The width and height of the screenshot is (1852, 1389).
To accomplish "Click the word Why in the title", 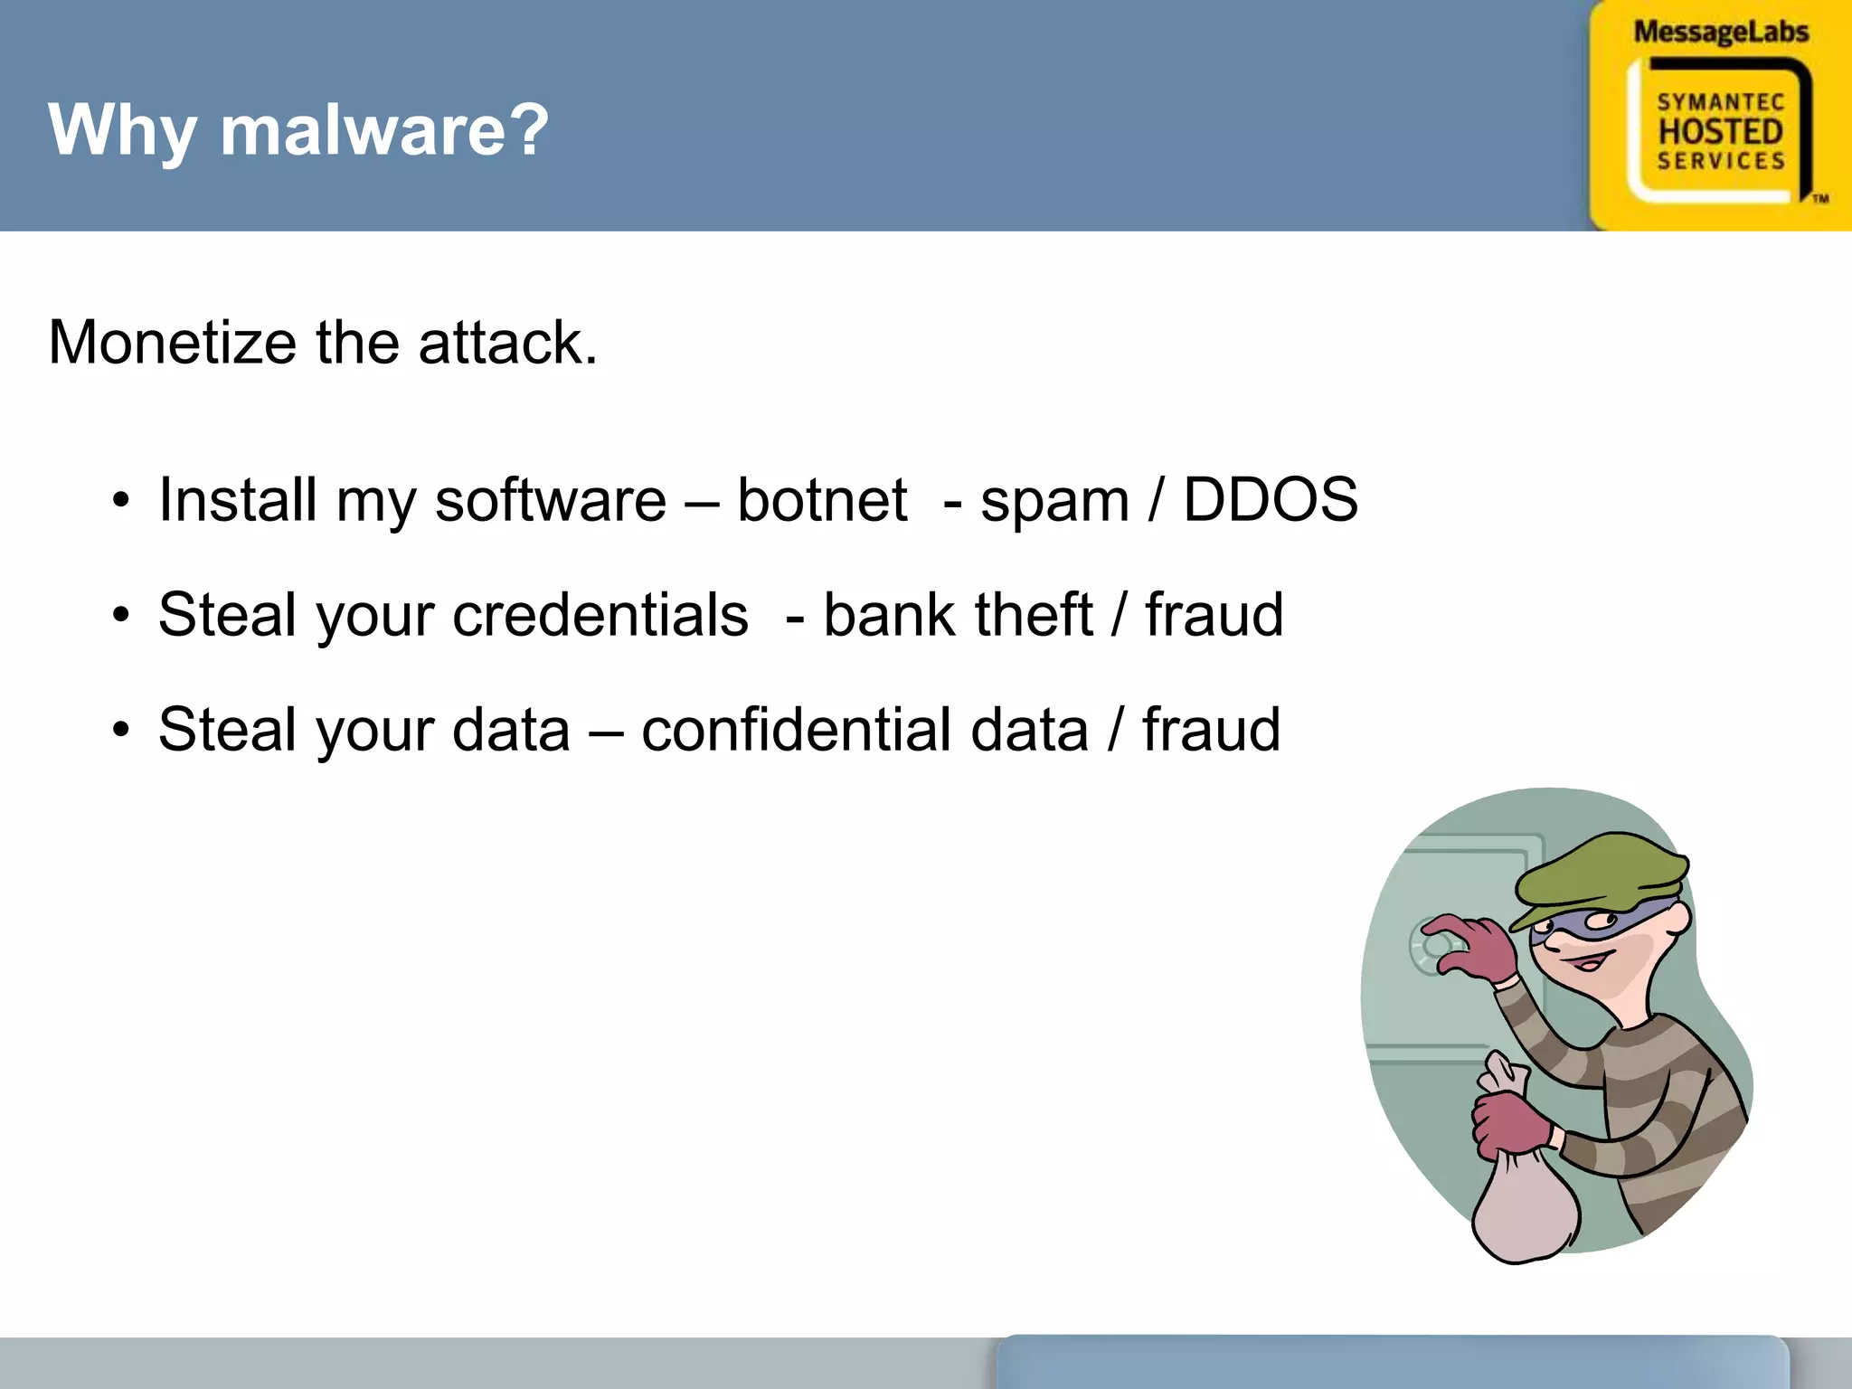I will pos(121,131).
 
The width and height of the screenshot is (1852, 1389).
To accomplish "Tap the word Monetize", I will pos(172,343).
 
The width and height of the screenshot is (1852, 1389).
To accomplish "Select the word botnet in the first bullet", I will pos(821,500).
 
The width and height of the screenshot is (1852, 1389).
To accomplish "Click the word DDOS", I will pos(1270,500).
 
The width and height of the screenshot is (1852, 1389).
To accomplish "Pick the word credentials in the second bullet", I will pos(600,615).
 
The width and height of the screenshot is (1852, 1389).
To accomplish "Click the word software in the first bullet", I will pos(550,500).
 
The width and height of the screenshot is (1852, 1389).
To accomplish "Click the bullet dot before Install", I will pos(121,501).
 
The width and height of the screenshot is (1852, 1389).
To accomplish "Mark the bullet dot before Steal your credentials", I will pos(121,616).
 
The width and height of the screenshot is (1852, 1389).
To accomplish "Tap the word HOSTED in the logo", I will pos(1720,132).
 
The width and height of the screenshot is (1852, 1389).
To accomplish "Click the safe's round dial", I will pos(1432,946).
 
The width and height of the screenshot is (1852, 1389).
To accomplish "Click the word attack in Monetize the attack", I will pos(506,343).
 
